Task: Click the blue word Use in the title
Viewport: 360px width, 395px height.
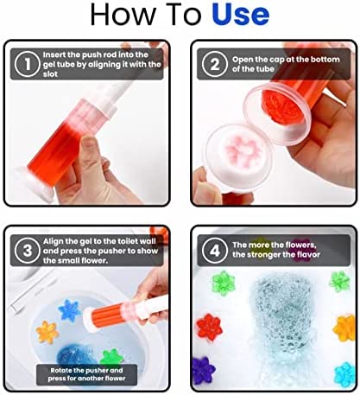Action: (x=240, y=14)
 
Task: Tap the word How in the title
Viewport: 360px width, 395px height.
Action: (x=123, y=14)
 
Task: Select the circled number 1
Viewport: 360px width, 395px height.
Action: (x=28, y=64)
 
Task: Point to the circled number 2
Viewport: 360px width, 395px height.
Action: (x=214, y=64)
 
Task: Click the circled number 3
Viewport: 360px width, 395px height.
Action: (x=28, y=251)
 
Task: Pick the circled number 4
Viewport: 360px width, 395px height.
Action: (x=214, y=251)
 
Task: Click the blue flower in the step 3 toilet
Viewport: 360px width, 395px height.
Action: (x=69, y=310)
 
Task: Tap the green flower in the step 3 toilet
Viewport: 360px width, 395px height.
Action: (x=111, y=358)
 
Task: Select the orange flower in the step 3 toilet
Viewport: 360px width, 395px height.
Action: (x=47, y=332)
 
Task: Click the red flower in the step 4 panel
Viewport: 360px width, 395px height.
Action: (x=209, y=328)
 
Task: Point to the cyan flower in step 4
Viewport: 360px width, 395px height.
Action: (x=344, y=374)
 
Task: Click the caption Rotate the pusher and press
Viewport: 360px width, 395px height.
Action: (x=86, y=374)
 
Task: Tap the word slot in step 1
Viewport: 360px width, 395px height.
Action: (x=50, y=74)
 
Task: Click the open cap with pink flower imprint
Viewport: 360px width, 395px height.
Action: (x=238, y=153)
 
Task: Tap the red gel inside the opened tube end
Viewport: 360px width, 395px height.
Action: (x=281, y=108)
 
